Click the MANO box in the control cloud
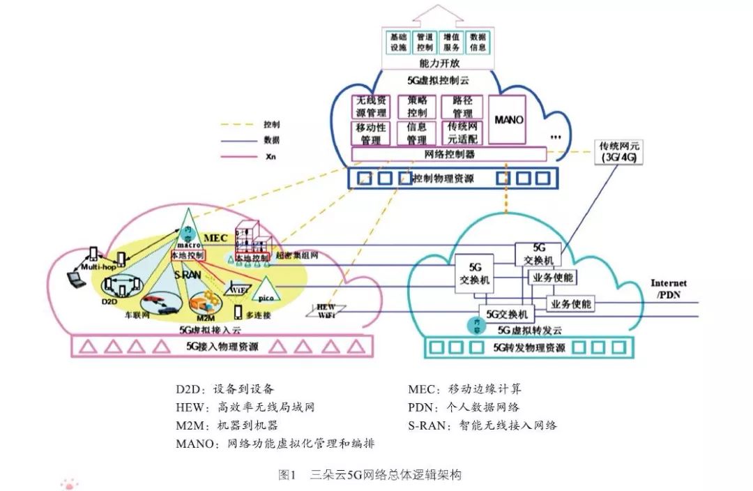(508, 120)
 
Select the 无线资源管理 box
(371, 107)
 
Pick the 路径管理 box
(462, 107)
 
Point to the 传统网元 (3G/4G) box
(618, 152)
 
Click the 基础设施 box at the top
(397, 42)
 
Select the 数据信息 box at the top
(478, 42)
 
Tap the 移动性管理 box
(371, 133)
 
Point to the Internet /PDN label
(668, 289)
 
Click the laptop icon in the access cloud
(73, 280)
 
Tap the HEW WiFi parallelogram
(326, 310)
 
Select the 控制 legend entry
(271, 125)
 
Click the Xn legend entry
(271, 157)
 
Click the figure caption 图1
(287, 475)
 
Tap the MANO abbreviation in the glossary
(197, 443)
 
